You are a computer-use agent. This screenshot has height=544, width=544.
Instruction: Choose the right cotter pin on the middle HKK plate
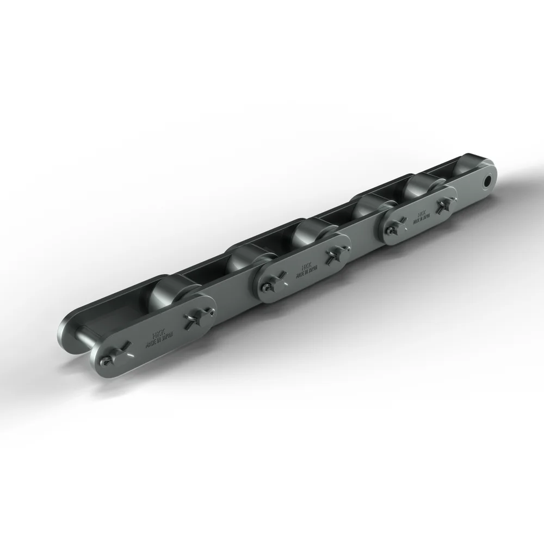pyautogui.click(x=332, y=255)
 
